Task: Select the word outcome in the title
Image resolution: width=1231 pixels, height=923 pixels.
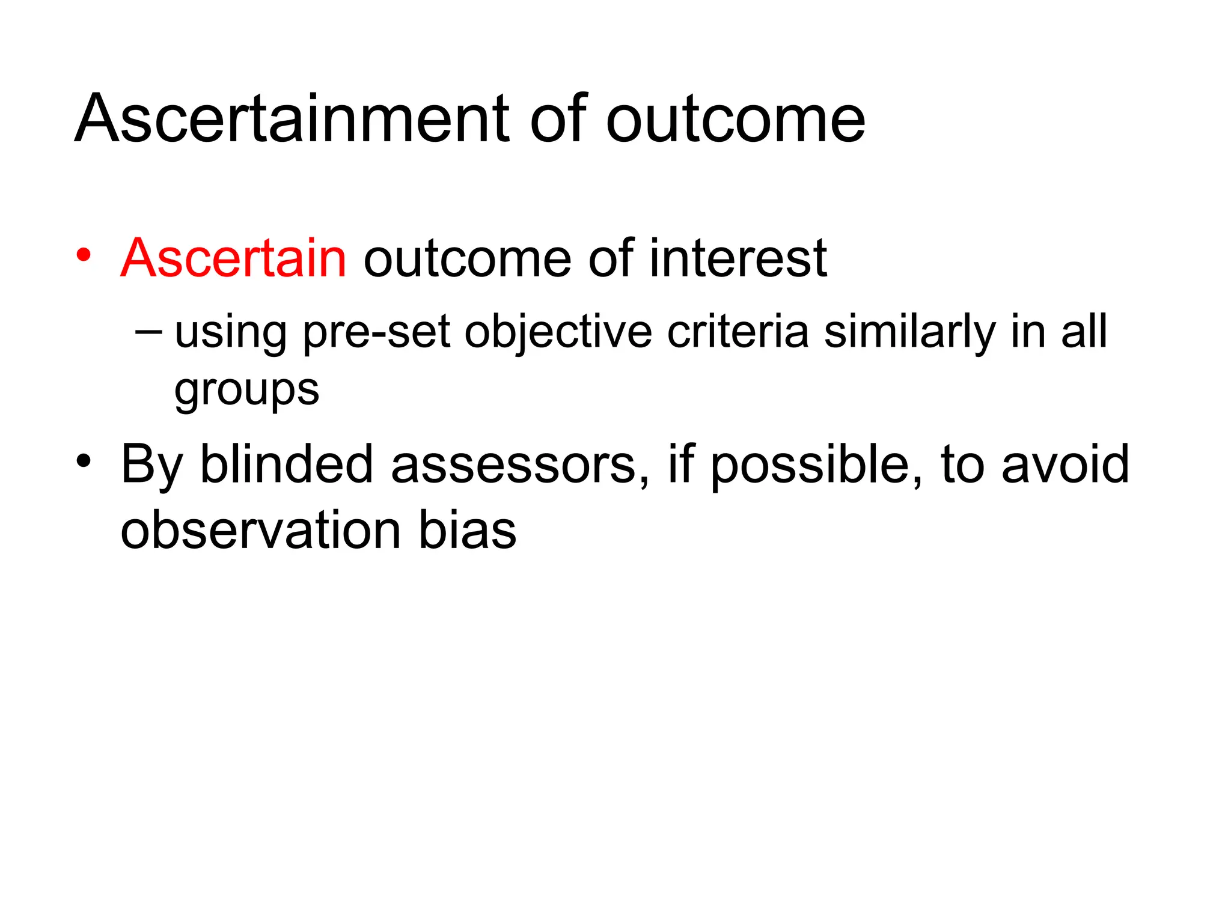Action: tap(735, 120)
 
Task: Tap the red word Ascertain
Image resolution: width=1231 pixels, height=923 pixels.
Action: tap(233, 258)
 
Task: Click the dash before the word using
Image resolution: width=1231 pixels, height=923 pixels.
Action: tap(148, 331)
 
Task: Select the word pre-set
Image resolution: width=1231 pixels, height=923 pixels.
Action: tap(376, 332)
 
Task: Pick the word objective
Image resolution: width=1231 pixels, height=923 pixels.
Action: tap(558, 332)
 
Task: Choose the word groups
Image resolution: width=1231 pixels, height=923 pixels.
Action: tap(246, 391)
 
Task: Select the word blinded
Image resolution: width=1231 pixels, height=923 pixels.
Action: tap(286, 464)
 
